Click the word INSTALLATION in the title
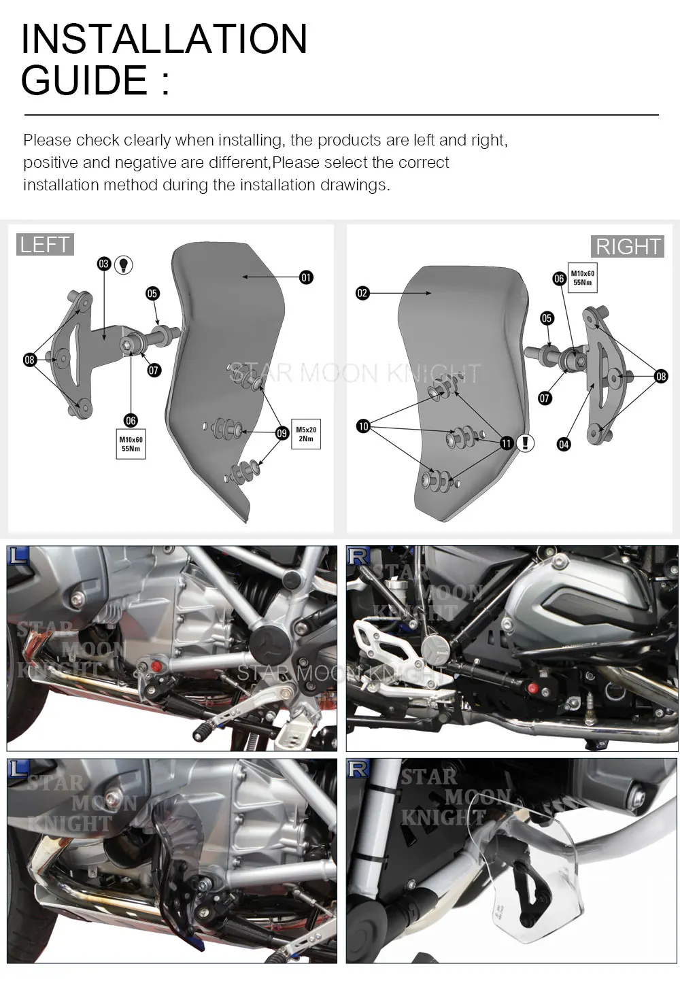pos(164,39)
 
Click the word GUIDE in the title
pos(84,80)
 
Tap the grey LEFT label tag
pos(44,245)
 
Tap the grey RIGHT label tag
pos(628,246)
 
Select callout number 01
pos(307,277)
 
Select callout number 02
pos(362,293)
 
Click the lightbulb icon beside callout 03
pos(123,264)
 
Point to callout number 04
pos(564,445)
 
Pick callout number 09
pos(282,432)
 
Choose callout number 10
pos(363,426)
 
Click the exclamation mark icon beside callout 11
pos(525,443)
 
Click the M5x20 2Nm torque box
pos(306,434)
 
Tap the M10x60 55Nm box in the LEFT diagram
pos(131,445)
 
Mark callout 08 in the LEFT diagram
pos(30,360)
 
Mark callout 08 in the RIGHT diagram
pos(661,376)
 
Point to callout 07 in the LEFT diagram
pos(154,370)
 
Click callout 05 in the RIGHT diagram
pos(547,318)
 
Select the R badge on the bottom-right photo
pos(359,769)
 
